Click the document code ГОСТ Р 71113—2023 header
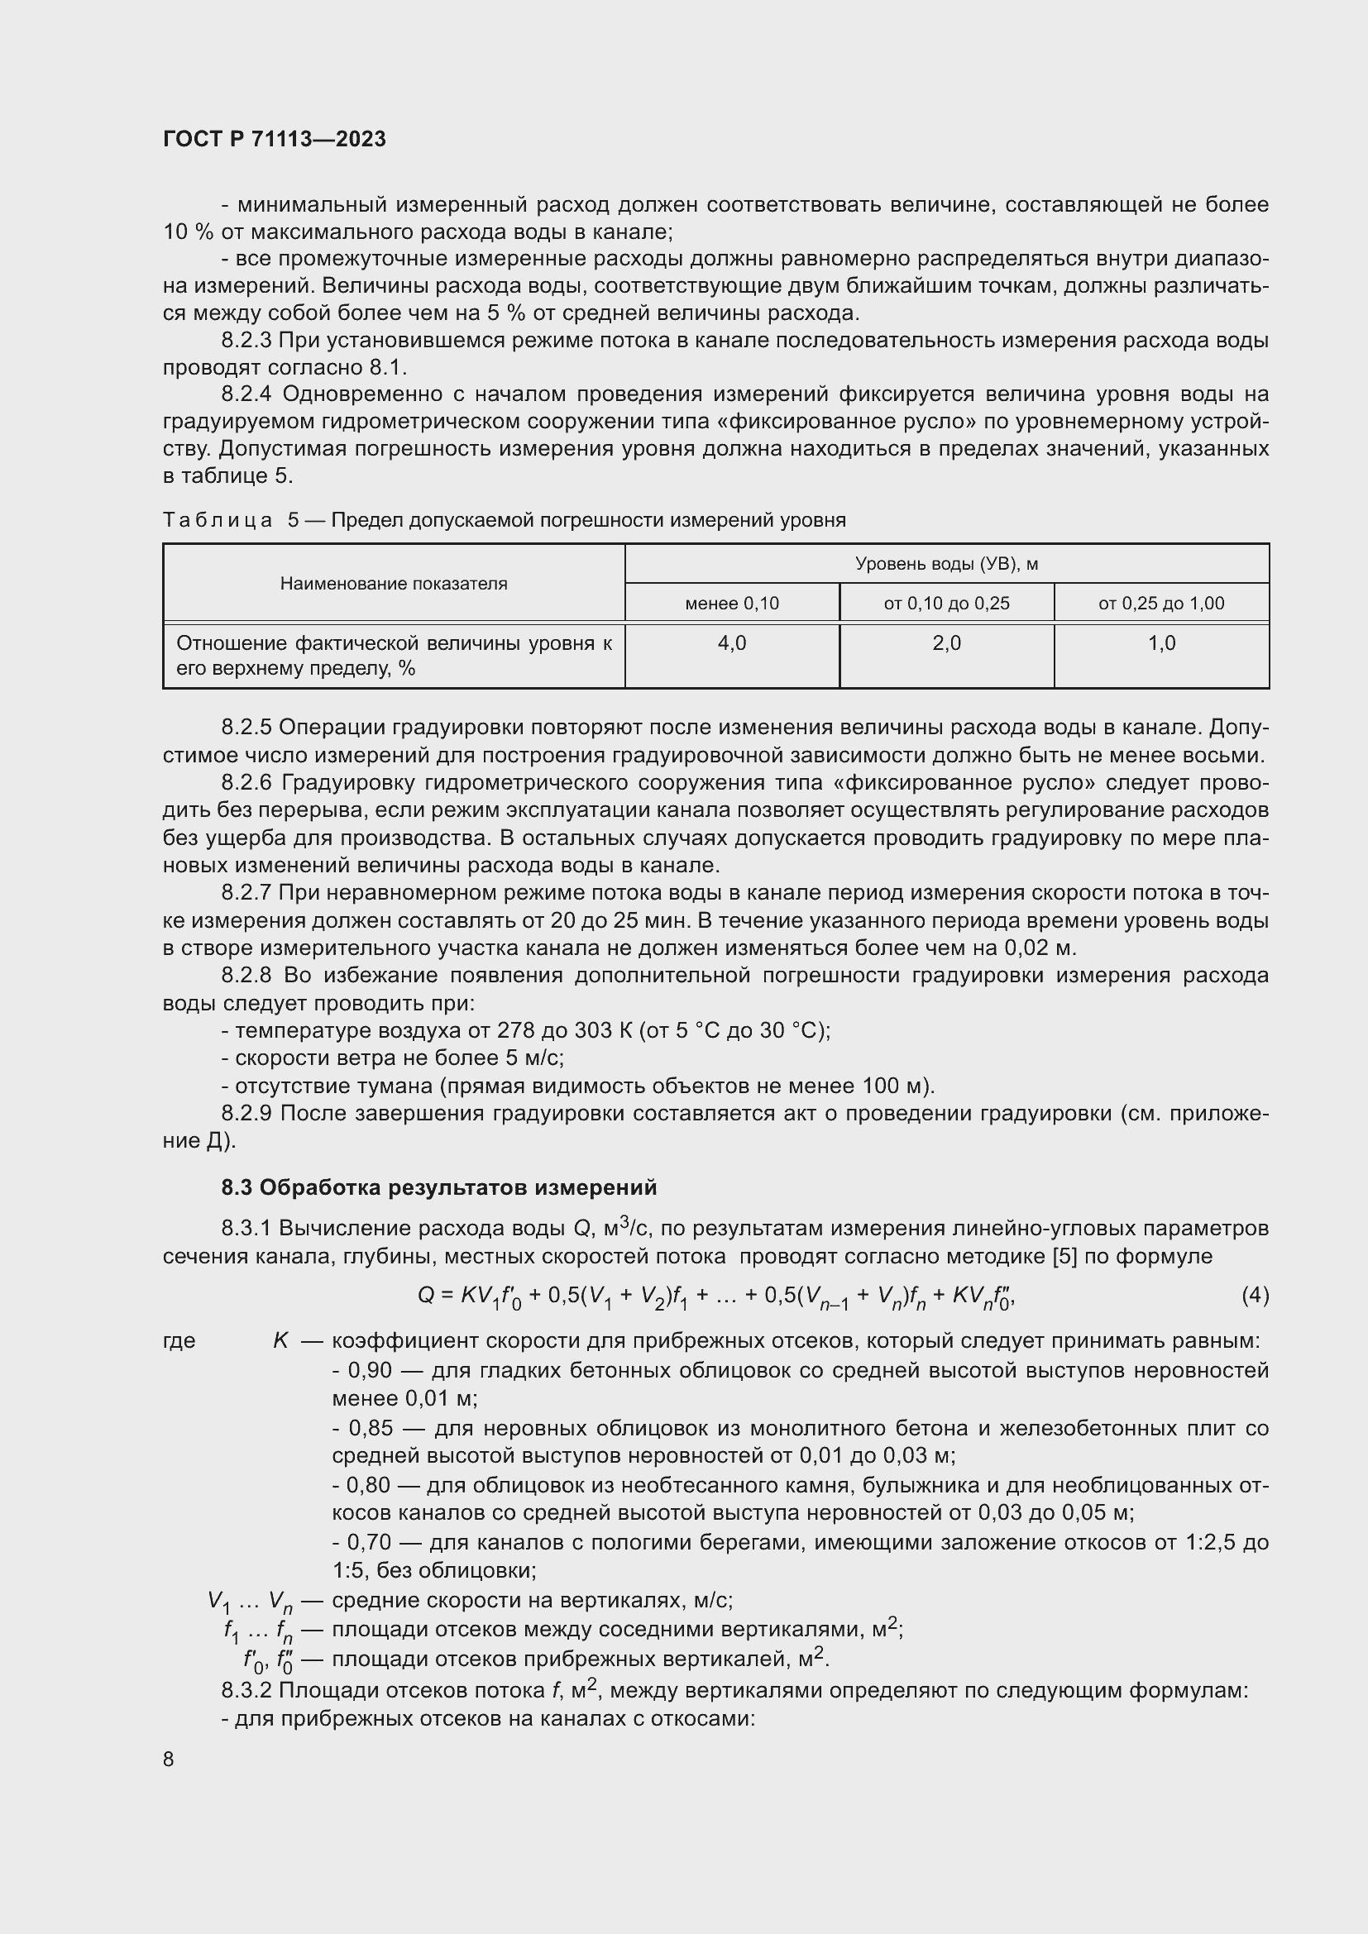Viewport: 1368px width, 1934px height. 275,140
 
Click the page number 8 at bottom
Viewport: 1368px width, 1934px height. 169,1759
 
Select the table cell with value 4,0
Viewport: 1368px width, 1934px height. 731,643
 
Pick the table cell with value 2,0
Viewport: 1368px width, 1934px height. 946,643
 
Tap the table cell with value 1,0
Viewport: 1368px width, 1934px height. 1160,643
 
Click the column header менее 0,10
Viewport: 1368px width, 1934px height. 731,603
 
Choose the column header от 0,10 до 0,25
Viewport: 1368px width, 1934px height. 946,603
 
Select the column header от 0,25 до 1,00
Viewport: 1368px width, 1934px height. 1160,603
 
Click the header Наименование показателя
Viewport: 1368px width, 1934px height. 394,584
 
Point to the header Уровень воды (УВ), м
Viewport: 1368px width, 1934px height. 946,564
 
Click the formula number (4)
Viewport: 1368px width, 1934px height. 1255,1296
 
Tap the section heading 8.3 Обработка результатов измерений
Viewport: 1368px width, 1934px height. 438,1187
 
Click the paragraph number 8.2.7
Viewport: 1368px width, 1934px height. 246,893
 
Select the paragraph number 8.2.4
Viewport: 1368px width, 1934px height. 246,394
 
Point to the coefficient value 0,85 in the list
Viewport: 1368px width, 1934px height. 369,1429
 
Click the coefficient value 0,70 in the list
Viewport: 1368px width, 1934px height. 369,1543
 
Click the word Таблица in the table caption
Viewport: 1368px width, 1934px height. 218,521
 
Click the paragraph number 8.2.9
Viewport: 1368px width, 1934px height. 246,1114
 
